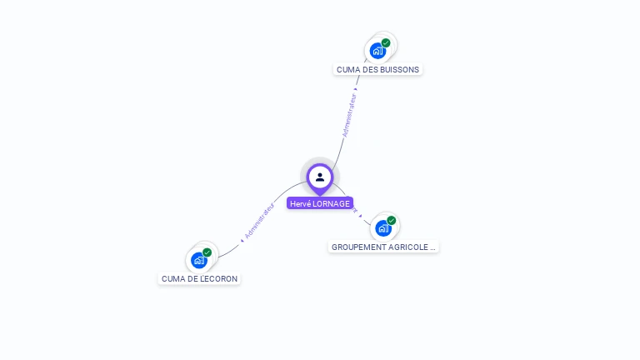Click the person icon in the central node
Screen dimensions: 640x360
click(x=320, y=177)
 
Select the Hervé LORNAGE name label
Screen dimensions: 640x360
click(x=320, y=203)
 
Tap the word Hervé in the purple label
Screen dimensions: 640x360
click(x=299, y=203)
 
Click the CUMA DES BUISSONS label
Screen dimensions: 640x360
click(x=378, y=69)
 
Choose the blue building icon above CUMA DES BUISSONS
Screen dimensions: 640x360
click(x=377, y=51)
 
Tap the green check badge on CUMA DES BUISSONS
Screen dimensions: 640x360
click(x=386, y=42)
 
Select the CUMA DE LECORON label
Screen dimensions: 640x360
click(x=199, y=278)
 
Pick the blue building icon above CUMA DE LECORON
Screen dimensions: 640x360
click(x=198, y=260)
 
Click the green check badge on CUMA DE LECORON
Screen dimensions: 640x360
click(x=207, y=252)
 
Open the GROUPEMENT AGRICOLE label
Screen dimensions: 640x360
click(x=383, y=247)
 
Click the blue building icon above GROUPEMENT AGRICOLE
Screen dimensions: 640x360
click(x=382, y=227)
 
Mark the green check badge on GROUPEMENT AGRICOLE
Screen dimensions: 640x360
click(x=391, y=221)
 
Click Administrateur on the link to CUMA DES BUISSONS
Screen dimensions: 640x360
click(x=349, y=115)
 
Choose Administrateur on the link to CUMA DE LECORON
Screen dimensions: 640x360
click(x=259, y=221)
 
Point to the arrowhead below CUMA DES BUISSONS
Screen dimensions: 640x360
click(x=356, y=87)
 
